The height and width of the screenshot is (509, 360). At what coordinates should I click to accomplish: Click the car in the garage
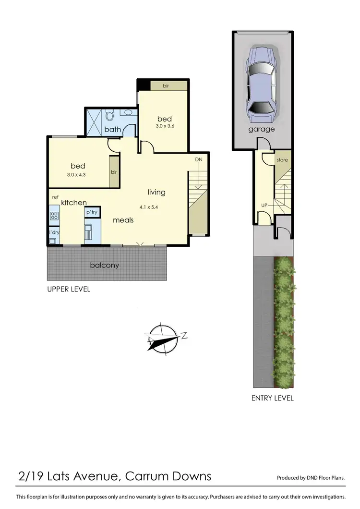tap(262, 85)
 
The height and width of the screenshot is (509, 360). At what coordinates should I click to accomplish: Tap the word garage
tap(262, 129)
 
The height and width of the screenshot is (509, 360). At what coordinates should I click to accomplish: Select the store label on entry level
tap(282, 160)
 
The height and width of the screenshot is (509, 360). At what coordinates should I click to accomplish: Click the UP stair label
tap(264, 205)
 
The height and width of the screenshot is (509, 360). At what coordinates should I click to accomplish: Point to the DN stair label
tap(199, 159)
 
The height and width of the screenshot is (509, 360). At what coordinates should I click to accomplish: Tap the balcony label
tap(105, 265)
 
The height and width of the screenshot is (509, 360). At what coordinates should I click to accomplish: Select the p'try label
tap(91, 212)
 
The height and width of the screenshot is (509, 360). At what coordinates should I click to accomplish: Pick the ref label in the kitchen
tap(55, 197)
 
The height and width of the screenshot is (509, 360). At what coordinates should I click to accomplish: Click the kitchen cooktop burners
tap(54, 216)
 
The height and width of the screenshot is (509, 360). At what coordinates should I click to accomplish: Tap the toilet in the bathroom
tap(109, 115)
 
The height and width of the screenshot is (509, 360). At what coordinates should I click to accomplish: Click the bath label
tap(113, 129)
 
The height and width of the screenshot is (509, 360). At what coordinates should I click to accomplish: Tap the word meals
tap(123, 220)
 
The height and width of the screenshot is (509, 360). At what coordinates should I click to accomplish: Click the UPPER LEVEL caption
tap(68, 290)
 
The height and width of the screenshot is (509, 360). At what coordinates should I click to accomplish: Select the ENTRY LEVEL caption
tap(272, 398)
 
